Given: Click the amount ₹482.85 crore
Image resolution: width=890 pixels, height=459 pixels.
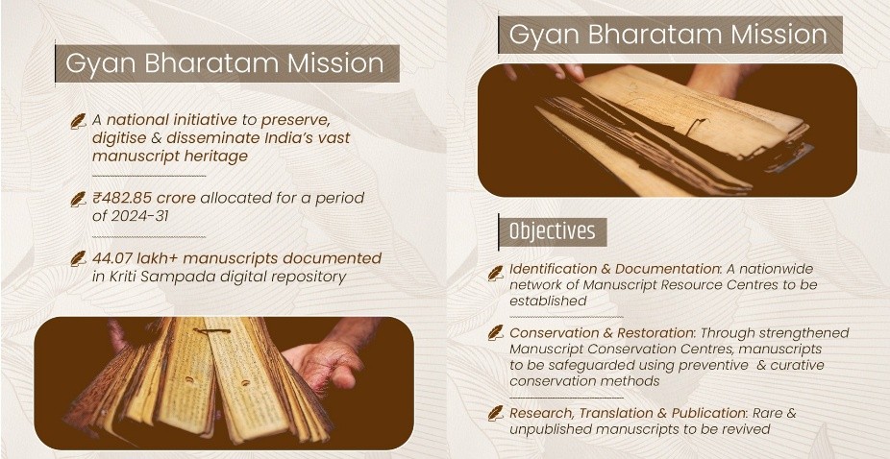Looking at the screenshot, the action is pos(144,198).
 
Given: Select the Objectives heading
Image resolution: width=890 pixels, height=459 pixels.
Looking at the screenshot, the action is pos(553,231).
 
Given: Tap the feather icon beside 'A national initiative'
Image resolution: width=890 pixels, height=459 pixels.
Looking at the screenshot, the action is pos(78,121).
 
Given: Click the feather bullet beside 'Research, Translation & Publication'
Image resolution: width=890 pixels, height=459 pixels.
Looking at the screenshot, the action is pos(496,413).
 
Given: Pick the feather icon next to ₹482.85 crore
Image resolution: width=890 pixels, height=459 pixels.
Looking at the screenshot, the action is pos(78,199).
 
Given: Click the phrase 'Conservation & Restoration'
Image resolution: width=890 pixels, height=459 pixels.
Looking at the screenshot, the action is pos(601,332).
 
